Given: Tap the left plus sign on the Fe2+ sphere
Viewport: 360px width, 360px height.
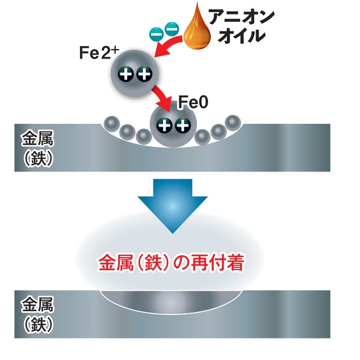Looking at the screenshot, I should point(127,74).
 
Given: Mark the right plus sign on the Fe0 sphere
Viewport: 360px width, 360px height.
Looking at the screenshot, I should point(181,125).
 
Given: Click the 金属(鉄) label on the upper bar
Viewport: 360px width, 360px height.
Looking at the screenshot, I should point(37,147).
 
